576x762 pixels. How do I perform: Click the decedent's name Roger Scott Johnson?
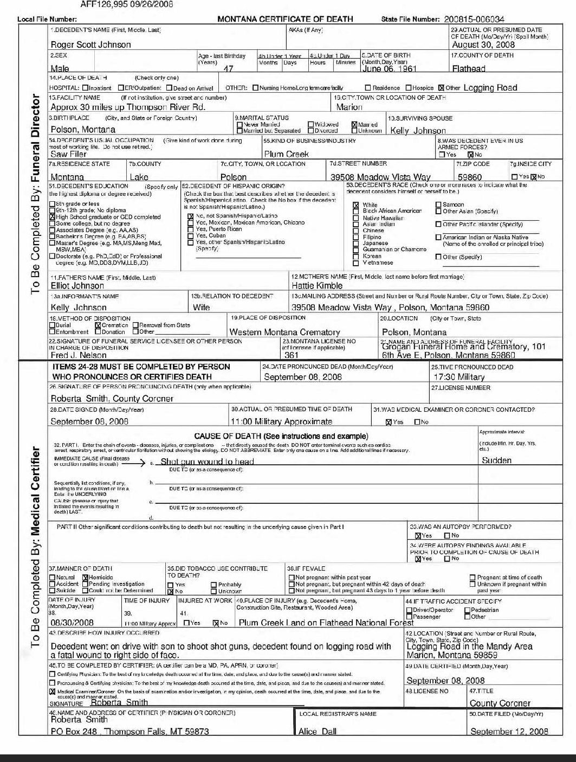90,44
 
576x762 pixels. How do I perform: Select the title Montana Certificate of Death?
285,19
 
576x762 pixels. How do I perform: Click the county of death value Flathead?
469,69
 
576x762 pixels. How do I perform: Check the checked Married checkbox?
355,124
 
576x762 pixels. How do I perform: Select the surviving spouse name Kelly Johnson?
418,130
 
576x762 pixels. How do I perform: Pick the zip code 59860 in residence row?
469,177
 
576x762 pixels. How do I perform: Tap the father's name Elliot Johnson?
77,285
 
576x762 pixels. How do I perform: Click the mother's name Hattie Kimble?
317,285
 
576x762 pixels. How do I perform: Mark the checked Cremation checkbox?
98,325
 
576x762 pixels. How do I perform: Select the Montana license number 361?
291,355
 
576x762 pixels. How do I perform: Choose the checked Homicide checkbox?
85,578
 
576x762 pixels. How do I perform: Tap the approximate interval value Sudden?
496,460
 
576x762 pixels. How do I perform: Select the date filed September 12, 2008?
509,731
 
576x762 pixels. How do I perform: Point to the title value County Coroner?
500,703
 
